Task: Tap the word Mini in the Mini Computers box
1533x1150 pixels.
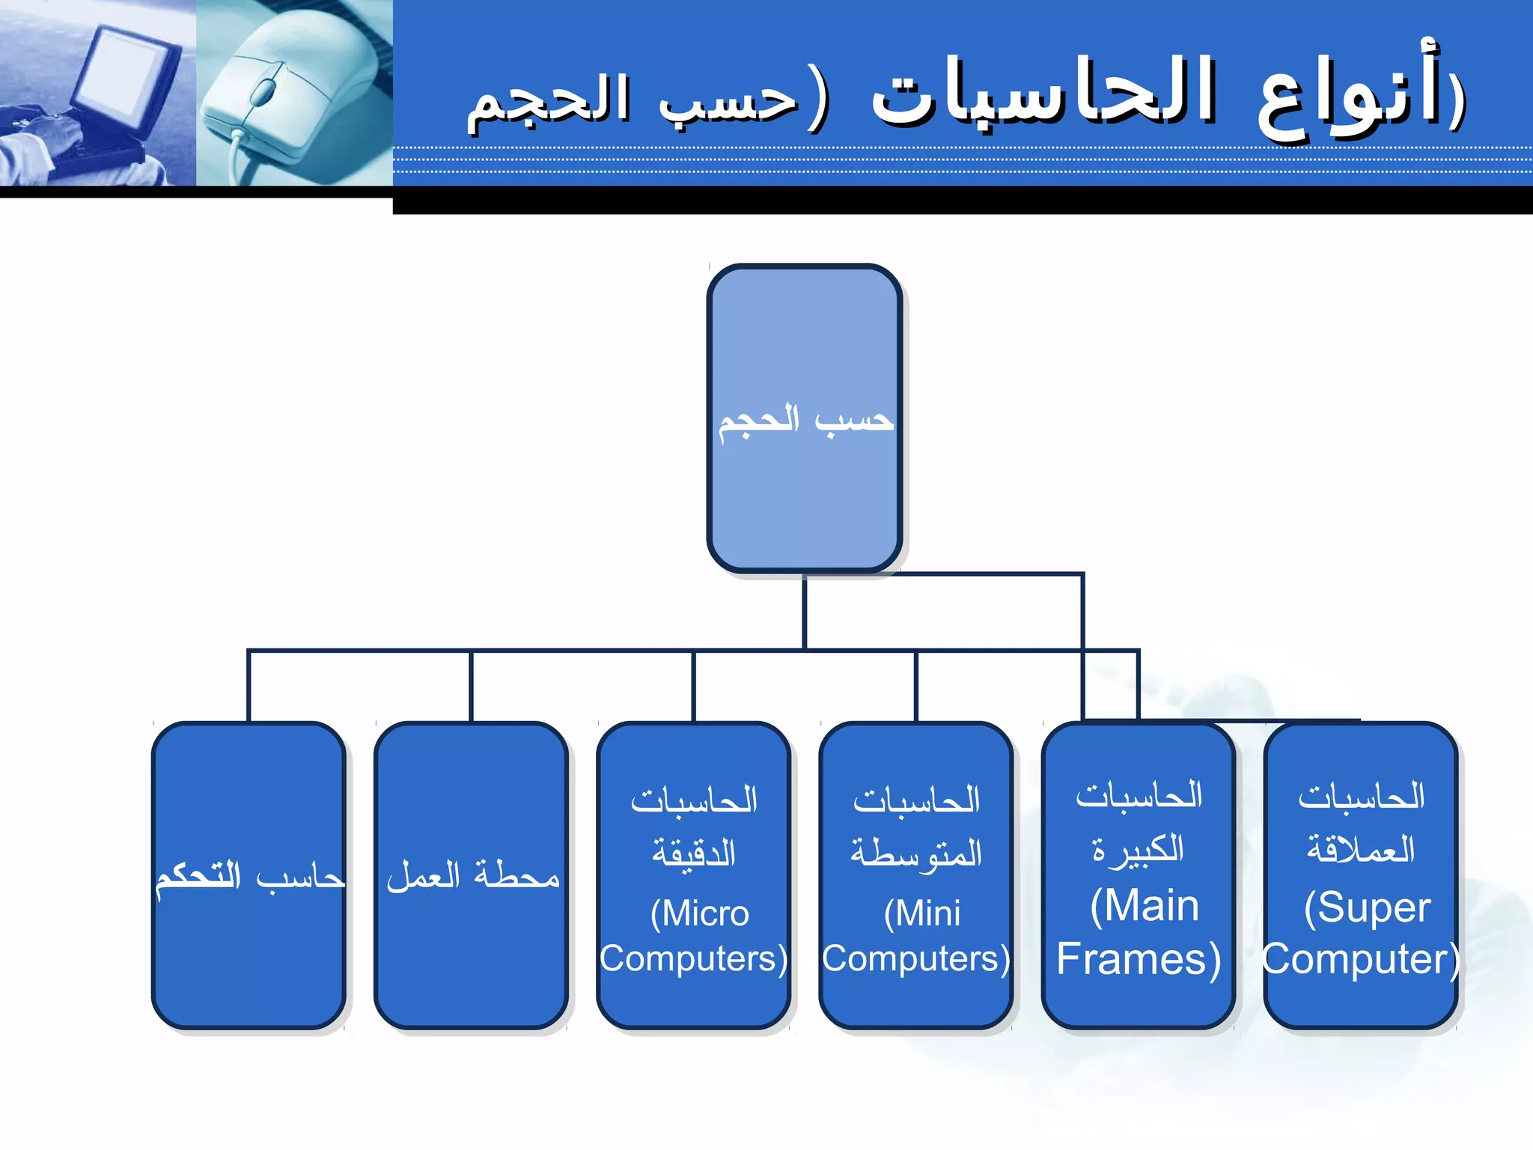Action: pyautogui.click(x=923, y=914)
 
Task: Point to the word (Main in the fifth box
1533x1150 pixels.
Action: pyautogui.click(x=1145, y=907)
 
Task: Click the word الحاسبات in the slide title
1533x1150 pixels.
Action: pyautogui.click(x=1044, y=94)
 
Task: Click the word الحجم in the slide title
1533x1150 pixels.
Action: pyautogui.click(x=548, y=101)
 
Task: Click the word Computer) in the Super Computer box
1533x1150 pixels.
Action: pyautogui.click(x=1362, y=959)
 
